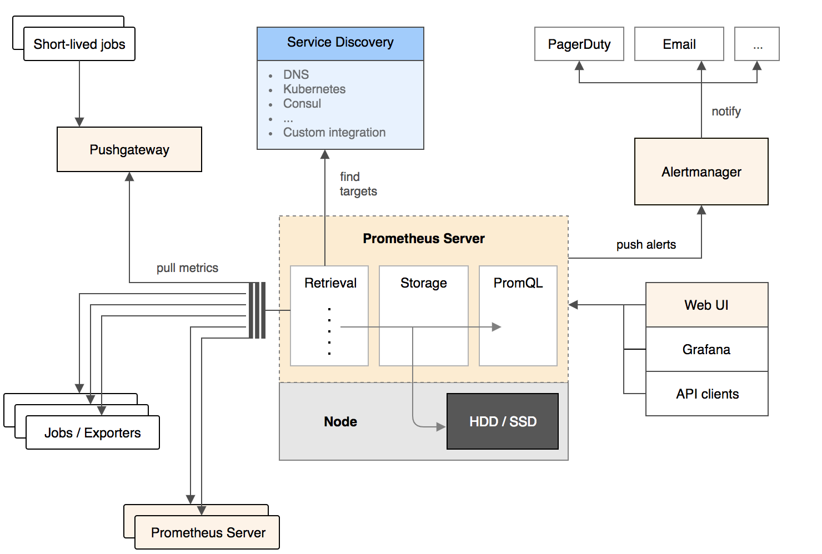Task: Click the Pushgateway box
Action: [129, 149]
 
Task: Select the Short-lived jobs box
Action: [79, 44]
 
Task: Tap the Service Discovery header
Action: [340, 43]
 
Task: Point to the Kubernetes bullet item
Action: [314, 89]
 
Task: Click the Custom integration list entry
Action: [334, 132]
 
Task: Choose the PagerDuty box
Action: [579, 44]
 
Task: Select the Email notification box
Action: [679, 44]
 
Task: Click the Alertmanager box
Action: [701, 172]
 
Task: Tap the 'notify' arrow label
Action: [726, 111]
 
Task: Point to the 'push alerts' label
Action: [646, 244]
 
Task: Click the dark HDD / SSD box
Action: [503, 421]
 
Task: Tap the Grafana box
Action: [706, 349]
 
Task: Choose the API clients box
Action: [706, 394]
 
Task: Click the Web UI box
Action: [706, 305]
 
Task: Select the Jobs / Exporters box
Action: [93, 432]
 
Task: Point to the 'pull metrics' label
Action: [187, 268]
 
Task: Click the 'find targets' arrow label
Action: [358, 184]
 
